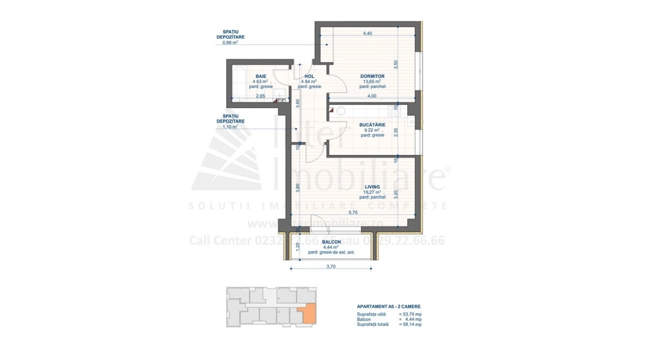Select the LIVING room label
372,187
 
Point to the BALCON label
331,243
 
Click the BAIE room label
260,76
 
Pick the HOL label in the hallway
309,76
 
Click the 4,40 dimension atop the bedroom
367,34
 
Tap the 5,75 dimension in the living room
353,212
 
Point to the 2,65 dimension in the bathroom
260,96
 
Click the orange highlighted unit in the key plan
307,315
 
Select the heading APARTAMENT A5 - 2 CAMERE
388,307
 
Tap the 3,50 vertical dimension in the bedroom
396,64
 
